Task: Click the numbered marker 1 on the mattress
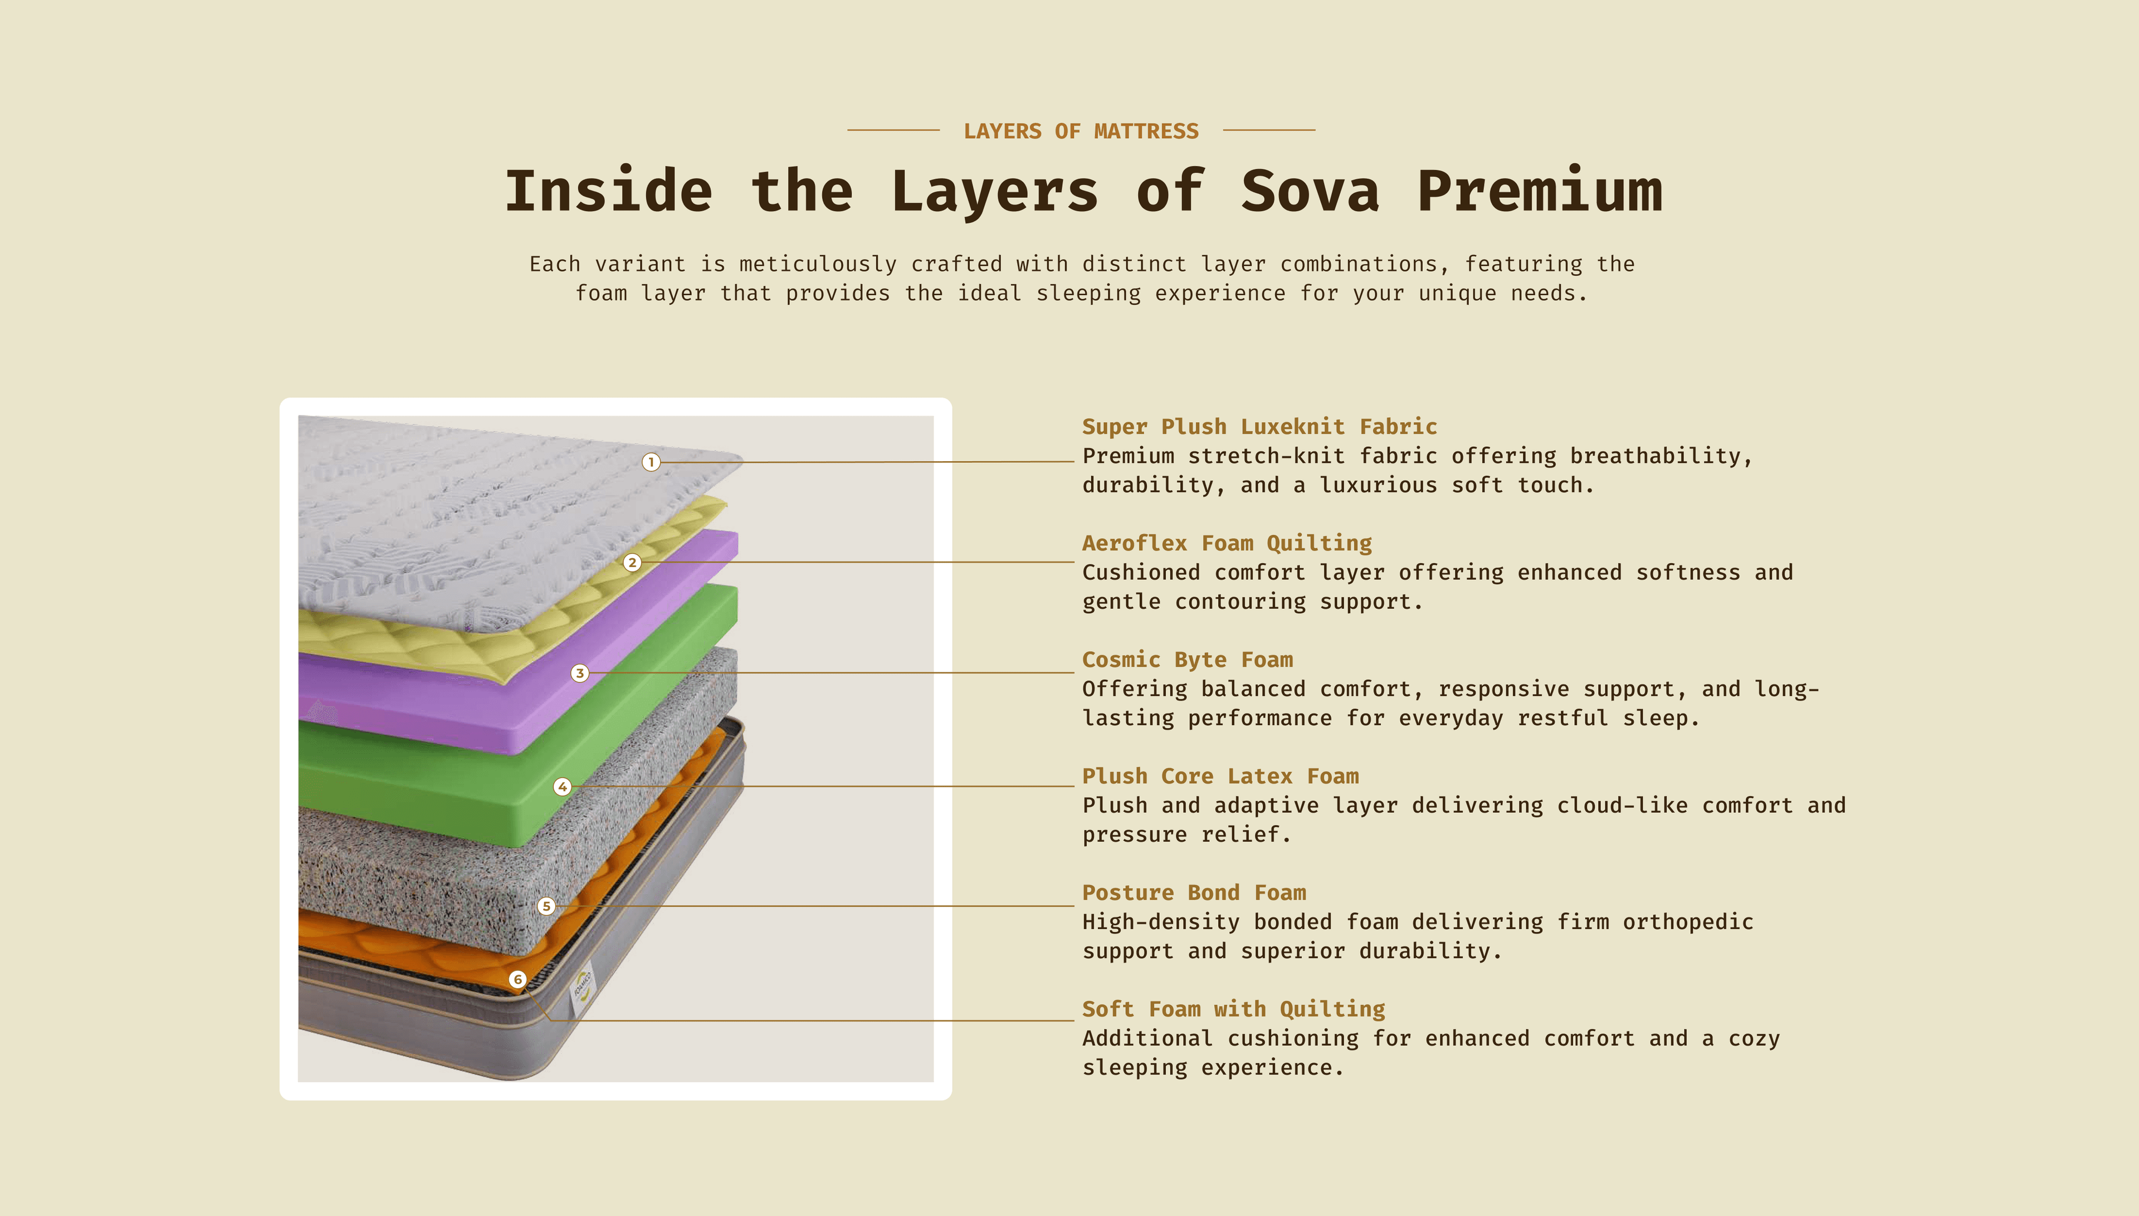[651, 462]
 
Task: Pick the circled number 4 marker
[563, 787]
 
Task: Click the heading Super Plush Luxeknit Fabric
[1259, 427]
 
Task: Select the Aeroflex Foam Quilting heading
[1227, 544]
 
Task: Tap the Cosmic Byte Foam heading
[1187, 660]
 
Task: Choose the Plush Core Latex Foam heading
[1220, 777]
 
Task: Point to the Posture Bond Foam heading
[1194, 893]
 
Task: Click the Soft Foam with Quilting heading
[1233, 1009]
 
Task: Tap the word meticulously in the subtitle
[817, 265]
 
